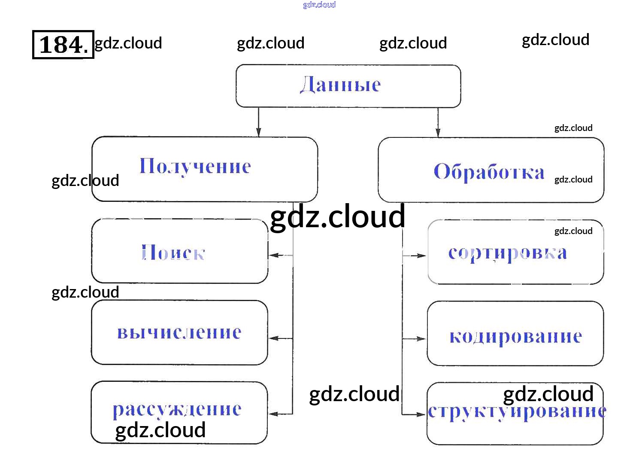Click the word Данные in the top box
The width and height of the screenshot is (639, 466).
click(x=340, y=85)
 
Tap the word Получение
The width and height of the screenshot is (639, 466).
click(x=195, y=167)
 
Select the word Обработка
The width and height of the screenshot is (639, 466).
click(x=489, y=172)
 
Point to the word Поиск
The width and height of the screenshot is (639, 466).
click(x=173, y=253)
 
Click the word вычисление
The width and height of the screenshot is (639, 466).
click(x=179, y=332)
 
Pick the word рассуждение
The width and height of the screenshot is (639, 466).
click(x=177, y=409)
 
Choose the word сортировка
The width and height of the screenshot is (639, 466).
click(x=507, y=253)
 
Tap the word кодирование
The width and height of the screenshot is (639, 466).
click(x=515, y=336)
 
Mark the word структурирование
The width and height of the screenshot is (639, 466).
click(x=517, y=411)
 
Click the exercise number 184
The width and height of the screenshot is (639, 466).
click(x=63, y=44)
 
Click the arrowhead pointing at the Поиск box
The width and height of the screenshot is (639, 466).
click(x=273, y=256)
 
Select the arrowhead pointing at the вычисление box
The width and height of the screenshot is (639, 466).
click(x=273, y=338)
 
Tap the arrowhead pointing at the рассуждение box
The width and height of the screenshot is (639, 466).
click(x=273, y=414)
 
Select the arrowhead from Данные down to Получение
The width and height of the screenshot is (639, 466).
click(x=258, y=132)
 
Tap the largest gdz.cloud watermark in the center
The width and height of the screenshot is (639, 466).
click(x=338, y=217)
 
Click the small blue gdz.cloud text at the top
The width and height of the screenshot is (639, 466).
click(x=319, y=5)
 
